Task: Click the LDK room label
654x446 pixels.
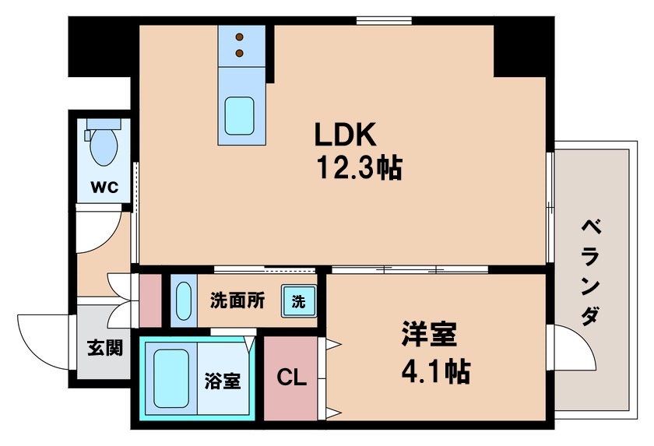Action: tap(346, 136)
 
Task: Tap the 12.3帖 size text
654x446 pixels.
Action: tap(357, 167)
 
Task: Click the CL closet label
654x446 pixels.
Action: tap(293, 379)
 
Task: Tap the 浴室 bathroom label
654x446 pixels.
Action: tap(222, 381)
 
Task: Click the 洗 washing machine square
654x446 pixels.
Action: tap(298, 300)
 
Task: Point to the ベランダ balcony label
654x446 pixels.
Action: tap(592, 272)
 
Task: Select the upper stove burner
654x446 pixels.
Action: tap(240, 37)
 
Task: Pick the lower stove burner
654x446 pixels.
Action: tap(240, 53)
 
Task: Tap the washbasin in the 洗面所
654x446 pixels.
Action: tap(184, 300)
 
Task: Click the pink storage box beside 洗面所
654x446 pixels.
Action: tap(149, 300)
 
